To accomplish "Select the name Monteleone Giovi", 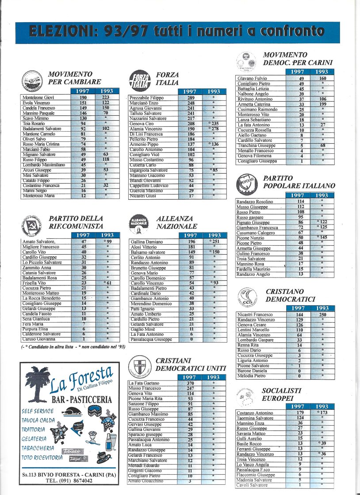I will click(38, 97).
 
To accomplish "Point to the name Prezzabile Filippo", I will click(147, 98).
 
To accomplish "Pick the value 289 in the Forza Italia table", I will click(191, 98).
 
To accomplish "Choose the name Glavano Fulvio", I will click(252, 78).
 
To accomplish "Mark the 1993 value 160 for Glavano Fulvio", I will click(322, 78).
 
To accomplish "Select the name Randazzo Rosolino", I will click(255, 202).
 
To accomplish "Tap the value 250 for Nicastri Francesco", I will click(322, 315).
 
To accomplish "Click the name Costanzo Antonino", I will click(255, 413).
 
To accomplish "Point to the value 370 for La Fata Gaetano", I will click(190, 383).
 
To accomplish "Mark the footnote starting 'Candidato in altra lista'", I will click(73, 347).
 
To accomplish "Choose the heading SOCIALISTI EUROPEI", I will click(282, 394).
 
